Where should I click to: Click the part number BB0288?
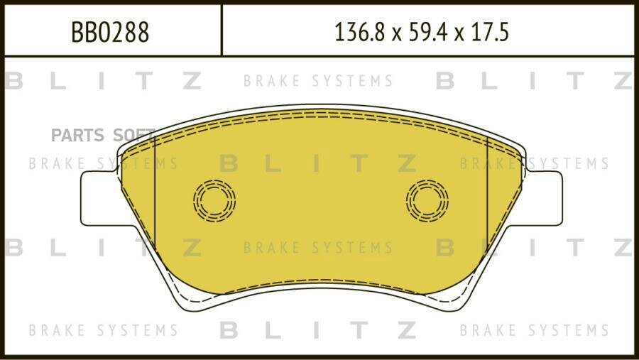click(110, 32)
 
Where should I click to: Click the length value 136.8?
click(359, 32)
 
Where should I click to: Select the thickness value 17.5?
click(490, 32)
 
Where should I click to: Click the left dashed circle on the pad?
click(214, 200)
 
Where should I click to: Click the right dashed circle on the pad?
click(427, 200)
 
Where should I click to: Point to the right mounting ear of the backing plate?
click(544, 198)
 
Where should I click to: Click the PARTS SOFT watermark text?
click(103, 135)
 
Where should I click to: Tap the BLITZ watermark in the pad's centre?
click(318, 163)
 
